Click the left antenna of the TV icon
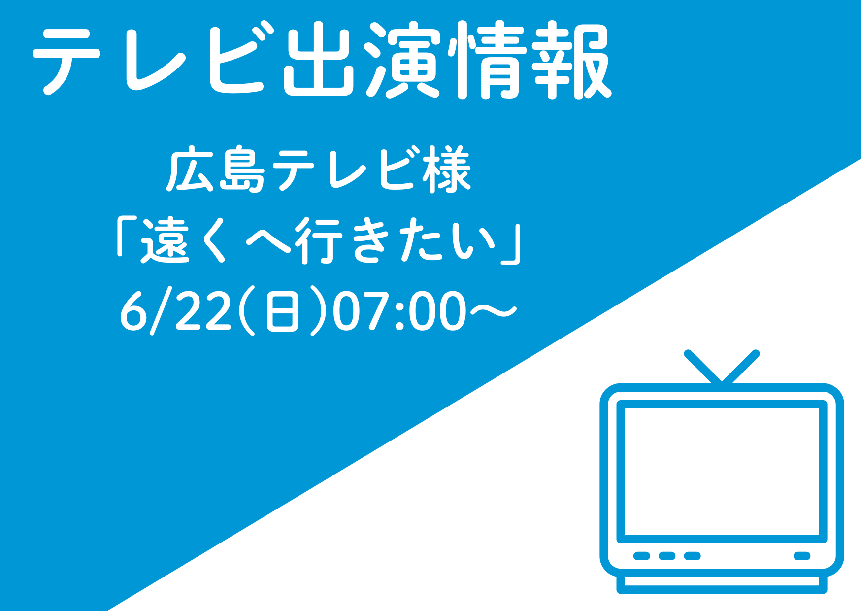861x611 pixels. (x=703, y=367)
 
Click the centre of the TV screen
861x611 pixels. (x=722, y=472)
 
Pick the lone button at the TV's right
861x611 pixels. (x=802, y=556)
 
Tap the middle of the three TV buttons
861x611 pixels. (x=667, y=556)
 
